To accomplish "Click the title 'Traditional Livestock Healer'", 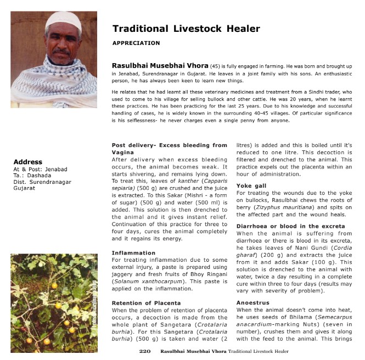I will tap(186, 29).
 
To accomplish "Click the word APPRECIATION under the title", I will tap(136, 43).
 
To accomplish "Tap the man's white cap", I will tap(63, 20).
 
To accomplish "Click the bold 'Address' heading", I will tap(27, 162).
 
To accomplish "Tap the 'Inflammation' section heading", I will tap(133, 253).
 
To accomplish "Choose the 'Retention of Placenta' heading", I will tap(147, 303).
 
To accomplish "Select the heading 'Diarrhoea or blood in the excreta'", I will tap(290, 227).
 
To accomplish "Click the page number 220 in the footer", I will tap(145, 351).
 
